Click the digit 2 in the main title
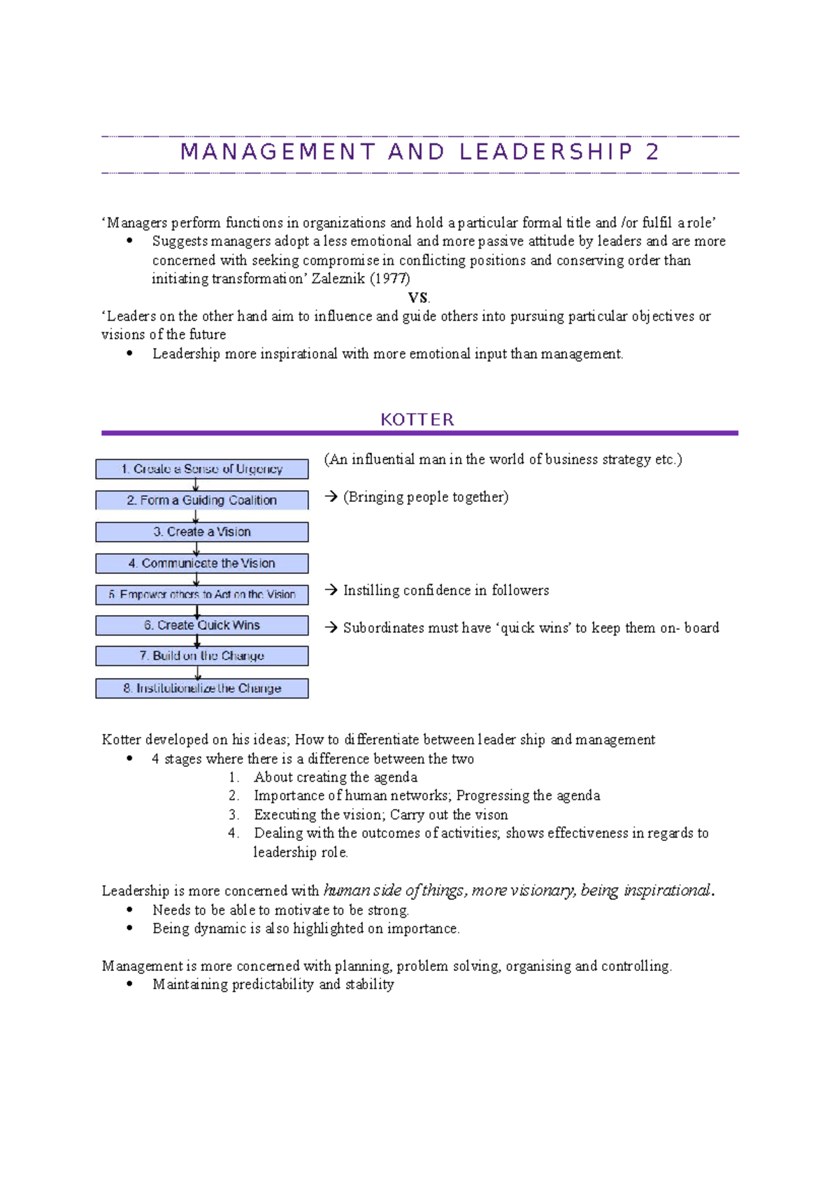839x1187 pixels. coord(652,152)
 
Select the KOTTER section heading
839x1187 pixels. coord(417,419)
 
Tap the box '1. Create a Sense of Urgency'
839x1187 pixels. coord(202,469)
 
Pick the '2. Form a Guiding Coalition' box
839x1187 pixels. coord(202,501)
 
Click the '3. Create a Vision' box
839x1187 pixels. coord(202,532)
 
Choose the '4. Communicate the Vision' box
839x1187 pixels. coord(202,563)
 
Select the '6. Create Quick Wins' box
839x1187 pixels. coord(202,625)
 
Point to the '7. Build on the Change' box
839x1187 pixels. coord(202,656)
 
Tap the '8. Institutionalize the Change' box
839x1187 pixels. coord(202,689)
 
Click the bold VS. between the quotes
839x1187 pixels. coord(419,298)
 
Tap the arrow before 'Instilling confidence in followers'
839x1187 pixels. coord(331,591)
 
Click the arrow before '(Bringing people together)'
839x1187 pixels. coord(331,497)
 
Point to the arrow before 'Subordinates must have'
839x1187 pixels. coord(331,628)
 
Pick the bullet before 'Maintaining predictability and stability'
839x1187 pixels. coord(129,984)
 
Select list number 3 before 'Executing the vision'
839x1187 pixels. coord(234,815)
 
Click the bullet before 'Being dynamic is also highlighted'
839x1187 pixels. coord(129,928)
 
